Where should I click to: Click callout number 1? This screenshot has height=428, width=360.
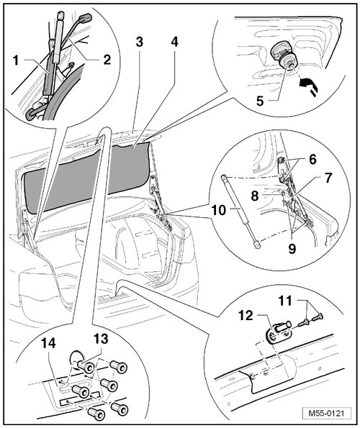tap(17, 60)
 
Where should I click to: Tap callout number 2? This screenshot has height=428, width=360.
tap(107, 60)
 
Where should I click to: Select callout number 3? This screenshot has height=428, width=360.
tap(139, 42)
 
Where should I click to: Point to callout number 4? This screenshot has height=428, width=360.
tap(174, 42)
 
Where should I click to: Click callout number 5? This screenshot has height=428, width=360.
tap(260, 101)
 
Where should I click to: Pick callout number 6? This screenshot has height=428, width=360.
tap(312, 159)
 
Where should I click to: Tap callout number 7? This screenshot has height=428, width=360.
tap(328, 178)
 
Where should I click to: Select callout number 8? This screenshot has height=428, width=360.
tap(255, 196)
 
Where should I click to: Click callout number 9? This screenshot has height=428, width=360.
tap(292, 249)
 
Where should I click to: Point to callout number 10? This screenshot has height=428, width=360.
tap(218, 210)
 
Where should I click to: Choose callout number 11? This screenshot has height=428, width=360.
tap(285, 301)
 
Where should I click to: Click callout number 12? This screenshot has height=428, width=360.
tap(246, 316)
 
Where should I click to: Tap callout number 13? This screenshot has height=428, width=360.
tap(101, 339)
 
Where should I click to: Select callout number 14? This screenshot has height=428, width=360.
tap(49, 343)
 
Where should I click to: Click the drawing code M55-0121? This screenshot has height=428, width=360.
tap(326, 413)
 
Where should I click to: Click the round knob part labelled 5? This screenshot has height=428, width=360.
tap(282, 55)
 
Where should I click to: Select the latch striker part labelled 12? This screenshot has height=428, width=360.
tap(277, 332)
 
